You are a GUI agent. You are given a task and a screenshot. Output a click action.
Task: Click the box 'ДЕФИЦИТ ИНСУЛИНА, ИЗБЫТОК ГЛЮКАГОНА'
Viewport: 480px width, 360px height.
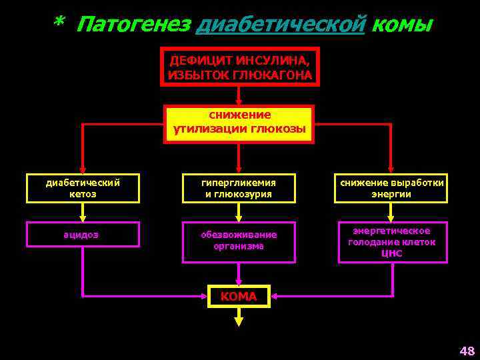[240, 67]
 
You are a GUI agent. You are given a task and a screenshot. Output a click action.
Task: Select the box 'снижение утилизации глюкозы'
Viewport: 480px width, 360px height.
[239, 123]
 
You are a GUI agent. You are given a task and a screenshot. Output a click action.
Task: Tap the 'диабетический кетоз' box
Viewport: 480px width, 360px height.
[83, 188]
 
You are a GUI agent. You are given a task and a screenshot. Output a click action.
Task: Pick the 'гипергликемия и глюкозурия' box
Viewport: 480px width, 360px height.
[239, 188]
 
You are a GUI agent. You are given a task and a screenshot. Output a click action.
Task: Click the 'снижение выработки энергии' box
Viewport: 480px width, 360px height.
[391, 188]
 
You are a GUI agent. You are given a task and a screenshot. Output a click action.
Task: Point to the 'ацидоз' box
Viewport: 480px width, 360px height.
[83, 234]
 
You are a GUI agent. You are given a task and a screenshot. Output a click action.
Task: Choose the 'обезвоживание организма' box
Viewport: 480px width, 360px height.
[239, 241]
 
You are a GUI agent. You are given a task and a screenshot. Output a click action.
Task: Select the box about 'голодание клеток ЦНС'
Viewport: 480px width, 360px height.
[392, 242]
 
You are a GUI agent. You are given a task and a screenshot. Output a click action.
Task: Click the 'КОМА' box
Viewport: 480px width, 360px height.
[239, 296]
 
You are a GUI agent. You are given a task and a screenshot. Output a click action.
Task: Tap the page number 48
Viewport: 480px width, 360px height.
[466, 351]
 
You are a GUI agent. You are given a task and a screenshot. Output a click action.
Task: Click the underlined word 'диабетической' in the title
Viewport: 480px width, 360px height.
[283, 25]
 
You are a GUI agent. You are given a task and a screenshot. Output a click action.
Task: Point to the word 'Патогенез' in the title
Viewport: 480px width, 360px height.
[133, 25]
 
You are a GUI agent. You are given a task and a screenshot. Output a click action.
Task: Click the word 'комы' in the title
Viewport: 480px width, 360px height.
[402, 25]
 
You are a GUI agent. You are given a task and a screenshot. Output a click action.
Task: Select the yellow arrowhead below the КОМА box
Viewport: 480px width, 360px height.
[239, 321]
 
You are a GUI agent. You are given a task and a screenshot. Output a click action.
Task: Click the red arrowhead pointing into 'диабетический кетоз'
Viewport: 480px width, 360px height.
[83, 169]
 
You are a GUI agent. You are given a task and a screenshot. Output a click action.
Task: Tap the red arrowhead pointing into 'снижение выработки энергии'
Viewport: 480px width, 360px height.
[391, 169]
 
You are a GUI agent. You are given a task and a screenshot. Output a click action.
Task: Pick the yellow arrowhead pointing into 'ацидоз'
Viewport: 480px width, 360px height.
[83, 217]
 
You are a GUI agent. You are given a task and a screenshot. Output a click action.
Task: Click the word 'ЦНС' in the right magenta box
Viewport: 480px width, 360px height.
[392, 253]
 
